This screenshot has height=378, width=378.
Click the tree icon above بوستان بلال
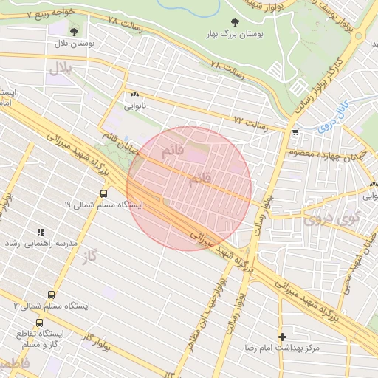tap(75, 31)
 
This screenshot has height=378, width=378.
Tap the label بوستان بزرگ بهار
tap(236, 35)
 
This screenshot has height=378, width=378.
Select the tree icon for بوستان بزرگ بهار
tap(236, 22)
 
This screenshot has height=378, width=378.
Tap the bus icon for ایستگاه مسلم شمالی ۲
tap(52, 294)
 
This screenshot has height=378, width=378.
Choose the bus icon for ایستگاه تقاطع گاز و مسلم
tap(39, 323)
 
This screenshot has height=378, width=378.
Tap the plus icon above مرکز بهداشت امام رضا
tap(282, 336)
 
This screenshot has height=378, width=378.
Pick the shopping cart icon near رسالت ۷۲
tap(295, 133)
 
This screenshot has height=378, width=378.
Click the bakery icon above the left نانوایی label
tap(134, 94)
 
